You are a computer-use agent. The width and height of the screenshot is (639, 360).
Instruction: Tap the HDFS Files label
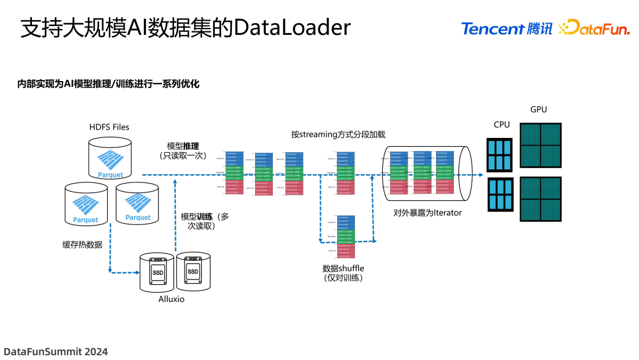pyautogui.click(x=109, y=127)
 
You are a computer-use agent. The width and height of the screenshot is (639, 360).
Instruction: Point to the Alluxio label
pyautogui.click(x=172, y=299)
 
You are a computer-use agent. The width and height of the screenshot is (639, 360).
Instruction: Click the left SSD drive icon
pyautogui.click(x=158, y=272)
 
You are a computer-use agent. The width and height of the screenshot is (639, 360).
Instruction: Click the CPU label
pyautogui.click(x=502, y=125)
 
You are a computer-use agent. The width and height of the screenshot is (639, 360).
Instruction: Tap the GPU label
pyautogui.click(x=538, y=110)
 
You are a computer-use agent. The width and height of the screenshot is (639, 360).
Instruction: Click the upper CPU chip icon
pyautogui.click(x=499, y=155)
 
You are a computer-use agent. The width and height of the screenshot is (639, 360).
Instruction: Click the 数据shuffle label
pyautogui.click(x=343, y=268)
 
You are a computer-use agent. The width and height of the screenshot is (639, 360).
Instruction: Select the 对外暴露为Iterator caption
pyautogui.click(x=427, y=213)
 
